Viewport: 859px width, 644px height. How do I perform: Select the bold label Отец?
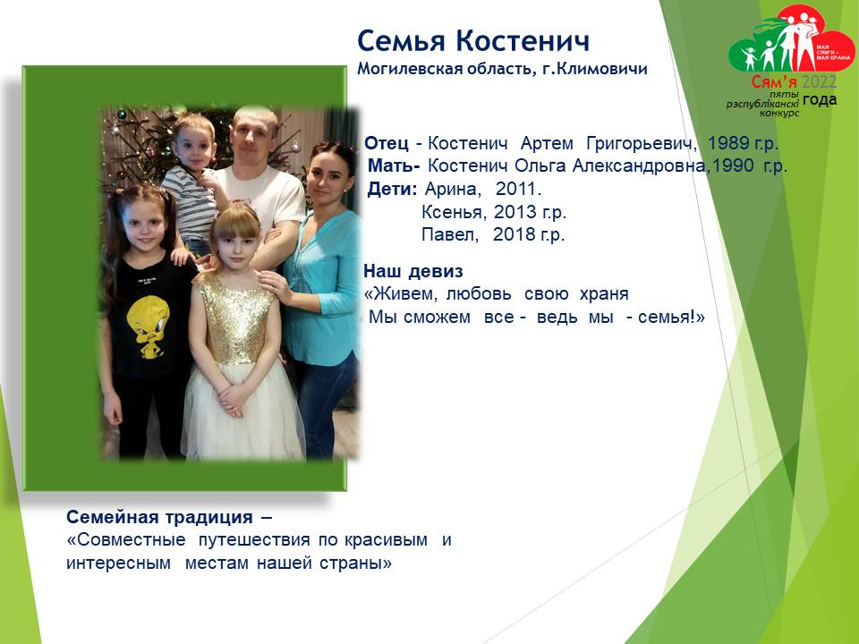387,143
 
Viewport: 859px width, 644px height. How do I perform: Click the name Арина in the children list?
453,189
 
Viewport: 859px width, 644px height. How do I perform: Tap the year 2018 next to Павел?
514,234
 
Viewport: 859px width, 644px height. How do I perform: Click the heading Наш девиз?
413,271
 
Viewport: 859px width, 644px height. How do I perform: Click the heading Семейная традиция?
159,517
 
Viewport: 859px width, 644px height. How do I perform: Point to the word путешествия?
254,540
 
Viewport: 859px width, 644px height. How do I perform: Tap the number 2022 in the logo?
819,82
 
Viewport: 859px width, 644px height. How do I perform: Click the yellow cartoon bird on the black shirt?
147,325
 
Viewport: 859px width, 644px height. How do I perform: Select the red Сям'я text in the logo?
773,82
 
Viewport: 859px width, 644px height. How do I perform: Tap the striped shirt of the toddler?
191,203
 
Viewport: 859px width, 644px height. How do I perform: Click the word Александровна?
639,165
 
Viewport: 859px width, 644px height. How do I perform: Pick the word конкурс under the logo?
779,114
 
